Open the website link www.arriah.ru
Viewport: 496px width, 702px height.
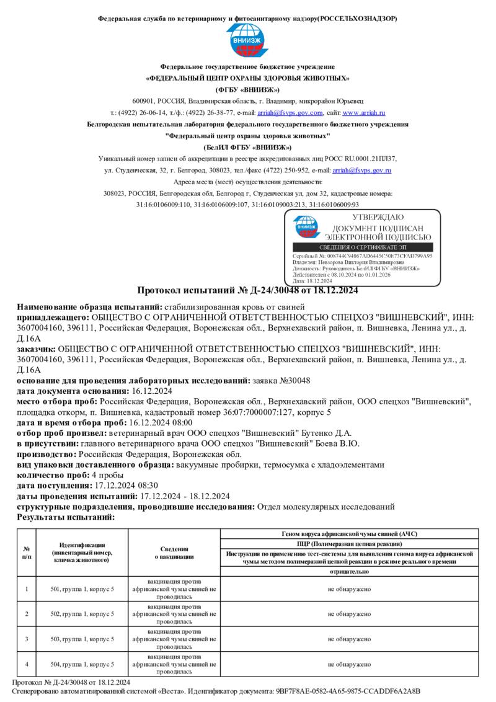tap(364, 113)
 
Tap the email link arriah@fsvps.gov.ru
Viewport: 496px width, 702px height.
tap(361, 170)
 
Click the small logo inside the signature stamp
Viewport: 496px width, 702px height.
tap(305, 226)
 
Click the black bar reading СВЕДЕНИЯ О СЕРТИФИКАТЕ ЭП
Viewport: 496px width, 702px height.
tap(361, 247)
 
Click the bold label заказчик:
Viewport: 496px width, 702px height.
tap(40, 349)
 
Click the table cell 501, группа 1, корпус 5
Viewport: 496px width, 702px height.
tap(82, 589)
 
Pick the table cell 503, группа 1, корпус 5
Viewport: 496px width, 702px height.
tap(82, 639)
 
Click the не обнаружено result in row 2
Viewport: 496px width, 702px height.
tap(349, 614)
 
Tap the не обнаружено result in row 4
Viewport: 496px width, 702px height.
tap(349, 664)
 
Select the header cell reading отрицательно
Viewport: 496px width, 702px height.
tap(349, 571)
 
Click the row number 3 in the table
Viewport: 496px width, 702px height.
tap(27, 639)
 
